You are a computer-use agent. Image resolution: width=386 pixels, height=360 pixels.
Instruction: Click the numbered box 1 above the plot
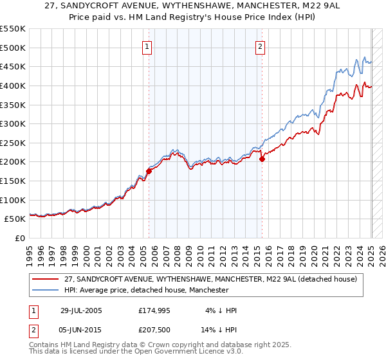147,46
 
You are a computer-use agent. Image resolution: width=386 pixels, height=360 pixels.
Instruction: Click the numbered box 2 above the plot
261,46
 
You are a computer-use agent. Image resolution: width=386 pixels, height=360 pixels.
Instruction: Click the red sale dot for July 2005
149,171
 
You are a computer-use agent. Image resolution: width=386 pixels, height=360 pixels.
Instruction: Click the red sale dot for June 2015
262,159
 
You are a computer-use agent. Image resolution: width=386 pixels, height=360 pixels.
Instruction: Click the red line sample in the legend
45,278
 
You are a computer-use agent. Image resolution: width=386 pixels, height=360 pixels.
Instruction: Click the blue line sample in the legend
45,290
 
